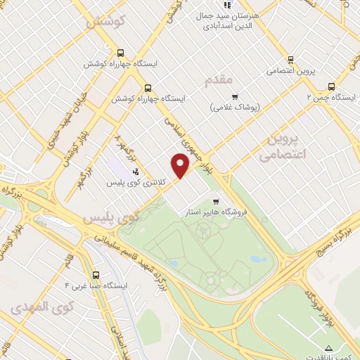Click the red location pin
(x=181, y=166)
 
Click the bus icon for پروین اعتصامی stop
(x=290, y=60)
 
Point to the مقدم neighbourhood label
(x=218, y=81)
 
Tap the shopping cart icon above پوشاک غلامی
(x=235, y=97)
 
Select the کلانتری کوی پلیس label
(x=136, y=183)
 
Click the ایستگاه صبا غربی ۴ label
(x=95, y=286)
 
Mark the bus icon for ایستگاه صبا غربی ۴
(x=95, y=276)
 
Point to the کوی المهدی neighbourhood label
(x=42, y=307)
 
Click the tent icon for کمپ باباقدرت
(x=329, y=347)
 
